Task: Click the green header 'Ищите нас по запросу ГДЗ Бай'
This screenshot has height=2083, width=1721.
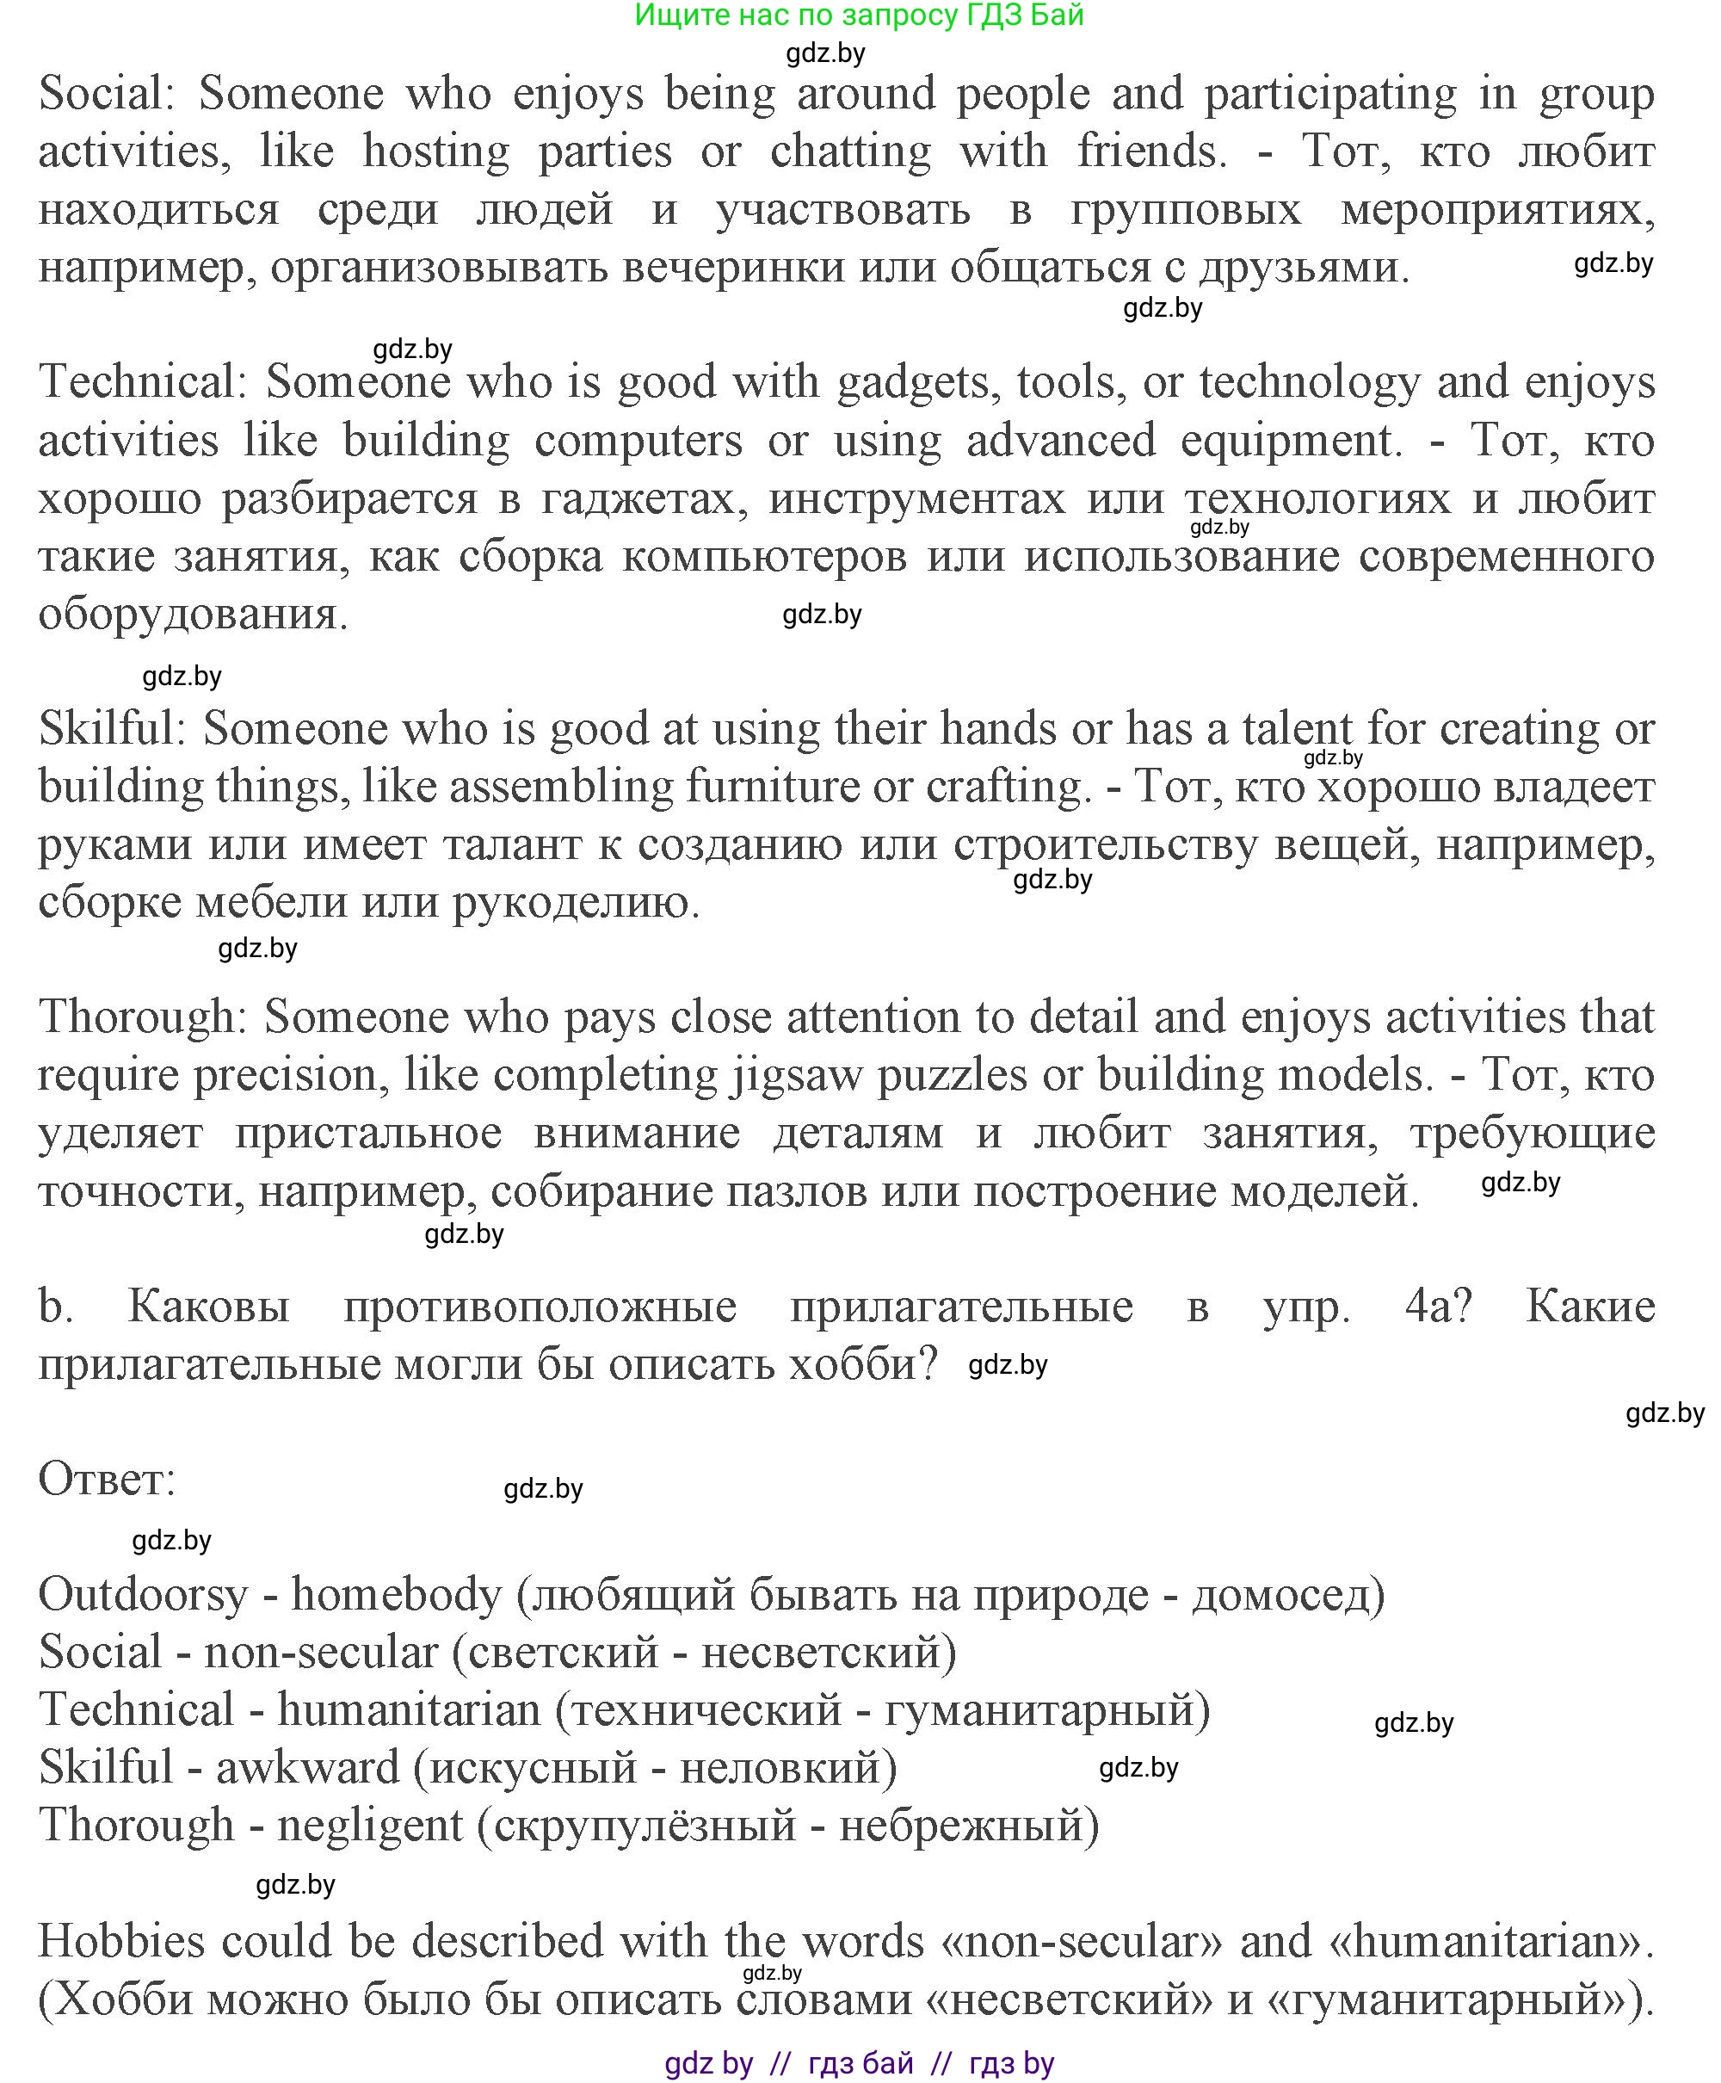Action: [x=859, y=15]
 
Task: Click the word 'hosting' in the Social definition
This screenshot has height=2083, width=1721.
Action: [x=436, y=151]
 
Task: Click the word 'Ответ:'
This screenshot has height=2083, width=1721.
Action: [x=107, y=1480]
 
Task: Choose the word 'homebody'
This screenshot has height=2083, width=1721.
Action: [x=397, y=1595]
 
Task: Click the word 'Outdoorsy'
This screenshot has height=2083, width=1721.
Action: [x=143, y=1595]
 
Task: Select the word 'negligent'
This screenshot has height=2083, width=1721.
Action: [x=370, y=1826]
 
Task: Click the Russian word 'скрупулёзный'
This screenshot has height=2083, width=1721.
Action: [x=645, y=1826]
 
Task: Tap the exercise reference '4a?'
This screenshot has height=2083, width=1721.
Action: [x=1439, y=1307]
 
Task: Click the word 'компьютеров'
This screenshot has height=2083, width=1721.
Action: [x=764, y=556]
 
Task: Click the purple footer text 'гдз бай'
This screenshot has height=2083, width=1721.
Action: [x=860, y=2063]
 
